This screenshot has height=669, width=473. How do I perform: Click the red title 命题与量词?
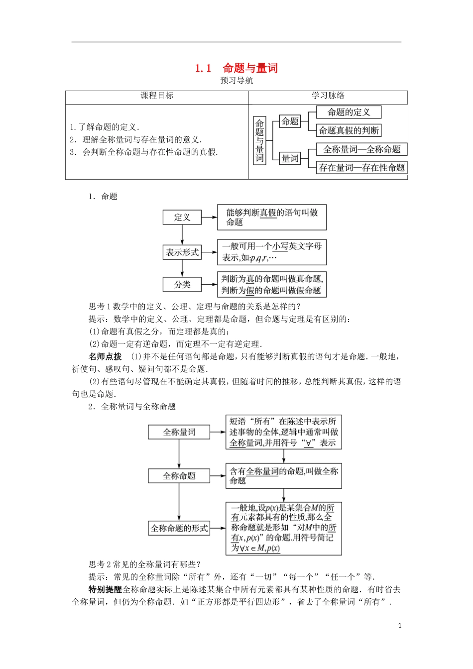236,68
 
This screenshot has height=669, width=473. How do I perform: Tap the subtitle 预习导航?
236,81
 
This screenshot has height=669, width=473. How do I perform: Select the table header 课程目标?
157,96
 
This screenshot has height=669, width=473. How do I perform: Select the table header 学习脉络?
328,96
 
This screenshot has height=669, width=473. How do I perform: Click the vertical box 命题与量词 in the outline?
259,141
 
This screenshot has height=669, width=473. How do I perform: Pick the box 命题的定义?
349,112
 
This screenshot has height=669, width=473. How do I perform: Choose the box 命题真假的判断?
349,130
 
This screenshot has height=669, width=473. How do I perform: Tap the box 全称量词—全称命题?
362,149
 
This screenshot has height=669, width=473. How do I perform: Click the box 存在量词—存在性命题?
362,168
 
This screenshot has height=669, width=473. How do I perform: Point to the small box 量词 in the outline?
290,159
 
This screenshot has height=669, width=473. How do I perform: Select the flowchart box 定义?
182,218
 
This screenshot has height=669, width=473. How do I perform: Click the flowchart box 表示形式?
182,252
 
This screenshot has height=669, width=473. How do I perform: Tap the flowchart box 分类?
182,285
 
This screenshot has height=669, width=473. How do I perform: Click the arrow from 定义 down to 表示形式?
182,235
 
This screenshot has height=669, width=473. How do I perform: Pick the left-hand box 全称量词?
179,432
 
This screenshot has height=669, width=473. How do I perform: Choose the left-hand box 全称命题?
179,476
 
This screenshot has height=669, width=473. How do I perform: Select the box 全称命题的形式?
179,528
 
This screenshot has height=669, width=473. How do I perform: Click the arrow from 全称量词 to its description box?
218,432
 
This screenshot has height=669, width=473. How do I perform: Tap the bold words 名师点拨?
105,356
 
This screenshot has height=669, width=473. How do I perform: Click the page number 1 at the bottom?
400,626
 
